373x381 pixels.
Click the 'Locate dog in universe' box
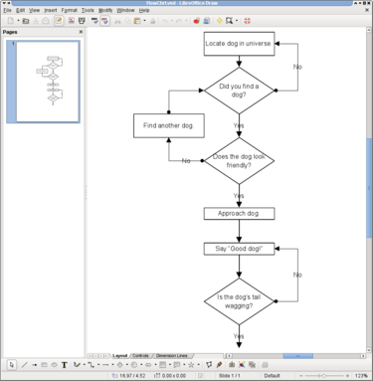click(x=239, y=44)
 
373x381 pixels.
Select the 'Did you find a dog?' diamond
click(x=239, y=92)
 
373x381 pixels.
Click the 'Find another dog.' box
click(x=168, y=126)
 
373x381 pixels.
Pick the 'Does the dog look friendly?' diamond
click(x=239, y=161)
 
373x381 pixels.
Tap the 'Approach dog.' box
click(x=239, y=213)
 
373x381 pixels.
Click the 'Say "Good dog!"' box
click(x=239, y=248)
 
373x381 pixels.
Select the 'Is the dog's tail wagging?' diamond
click(x=239, y=301)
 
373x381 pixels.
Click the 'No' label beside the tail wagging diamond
click(x=297, y=275)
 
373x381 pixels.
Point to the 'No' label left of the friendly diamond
click(x=186, y=161)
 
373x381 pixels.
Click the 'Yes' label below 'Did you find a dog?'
click(x=239, y=126)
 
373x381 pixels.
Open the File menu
click(x=8, y=10)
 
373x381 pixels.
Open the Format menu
click(x=68, y=10)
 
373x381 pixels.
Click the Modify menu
click(x=105, y=10)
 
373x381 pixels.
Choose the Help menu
click(x=144, y=10)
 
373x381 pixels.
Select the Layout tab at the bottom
click(x=120, y=355)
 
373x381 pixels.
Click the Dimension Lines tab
click(x=173, y=355)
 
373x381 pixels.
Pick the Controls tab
click(x=141, y=355)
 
